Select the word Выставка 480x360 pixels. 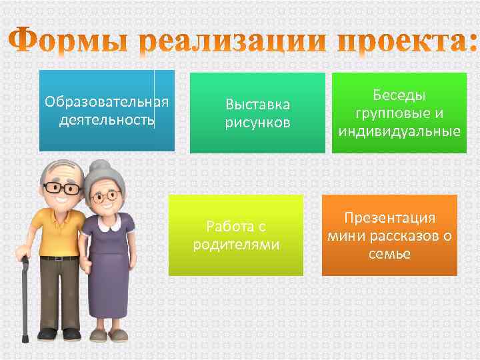(x=257, y=105)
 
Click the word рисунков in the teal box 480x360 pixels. (x=257, y=123)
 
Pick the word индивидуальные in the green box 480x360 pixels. (x=399, y=131)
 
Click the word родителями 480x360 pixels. (x=236, y=245)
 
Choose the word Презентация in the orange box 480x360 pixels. (x=389, y=218)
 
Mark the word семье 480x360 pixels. (x=389, y=254)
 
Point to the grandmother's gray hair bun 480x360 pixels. (x=100, y=167)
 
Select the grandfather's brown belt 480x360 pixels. (x=59, y=256)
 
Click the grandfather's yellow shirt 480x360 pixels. (x=59, y=230)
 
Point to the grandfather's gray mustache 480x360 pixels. (x=64, y=200)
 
